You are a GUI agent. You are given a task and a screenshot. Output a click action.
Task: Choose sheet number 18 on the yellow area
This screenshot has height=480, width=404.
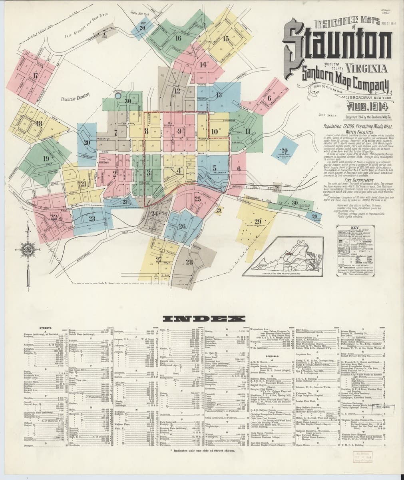[39, 124]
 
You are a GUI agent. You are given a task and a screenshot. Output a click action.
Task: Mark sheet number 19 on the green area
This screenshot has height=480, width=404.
[46, 158]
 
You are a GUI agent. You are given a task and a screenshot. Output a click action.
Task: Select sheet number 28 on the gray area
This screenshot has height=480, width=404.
[189, 262]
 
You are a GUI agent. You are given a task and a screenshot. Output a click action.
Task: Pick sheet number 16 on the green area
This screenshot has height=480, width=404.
[178, 38]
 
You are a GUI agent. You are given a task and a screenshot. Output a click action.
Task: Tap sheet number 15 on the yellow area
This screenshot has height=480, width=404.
[226, 39]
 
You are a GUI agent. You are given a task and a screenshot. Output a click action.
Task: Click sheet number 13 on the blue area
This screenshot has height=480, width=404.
[219, 95]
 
